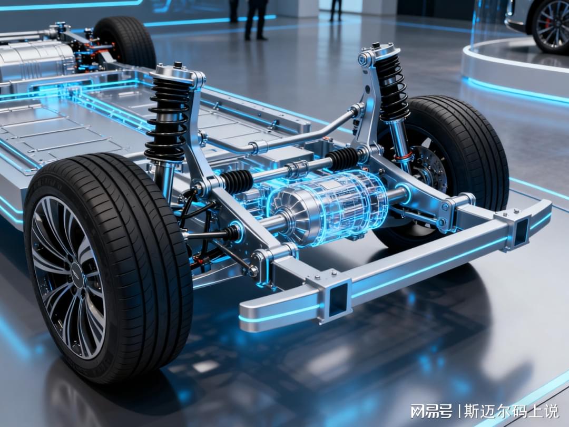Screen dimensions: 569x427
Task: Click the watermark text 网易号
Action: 431,411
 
